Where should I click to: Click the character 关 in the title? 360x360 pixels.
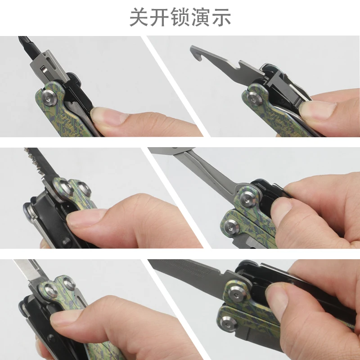coord(139,17)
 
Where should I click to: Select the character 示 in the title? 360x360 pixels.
coord(221,17)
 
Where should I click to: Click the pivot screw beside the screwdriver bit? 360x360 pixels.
coord(49,98)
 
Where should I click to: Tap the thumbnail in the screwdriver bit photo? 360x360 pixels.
coord(108,116)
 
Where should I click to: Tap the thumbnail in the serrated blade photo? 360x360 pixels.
coord(85,217)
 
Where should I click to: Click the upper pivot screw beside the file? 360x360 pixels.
coord(237,293)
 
